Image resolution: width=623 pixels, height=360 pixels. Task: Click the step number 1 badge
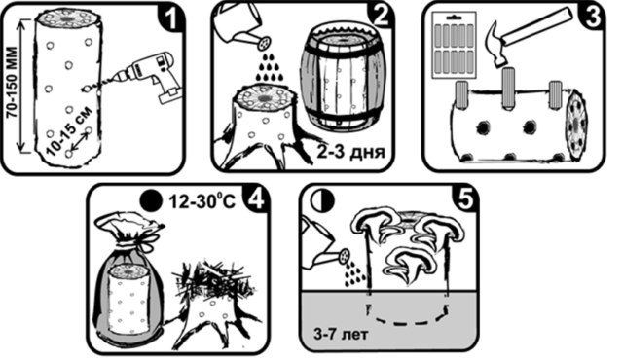tap(171, 17)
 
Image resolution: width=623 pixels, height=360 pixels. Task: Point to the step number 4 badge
tap(255, 199)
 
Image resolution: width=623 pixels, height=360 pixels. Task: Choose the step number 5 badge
tap(465, 198)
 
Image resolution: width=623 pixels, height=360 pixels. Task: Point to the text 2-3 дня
tap(350, 151)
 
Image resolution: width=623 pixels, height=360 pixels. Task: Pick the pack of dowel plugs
tap(454, 45)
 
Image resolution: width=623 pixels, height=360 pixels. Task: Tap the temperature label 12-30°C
tap(202, 201)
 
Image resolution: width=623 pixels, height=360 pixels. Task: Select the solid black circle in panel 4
tap(152, 200)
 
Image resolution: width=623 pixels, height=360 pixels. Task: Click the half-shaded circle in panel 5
tap(322, 200)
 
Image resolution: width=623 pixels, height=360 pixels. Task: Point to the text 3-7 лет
tap(341, 334)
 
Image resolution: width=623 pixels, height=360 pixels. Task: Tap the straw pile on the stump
tap(210, 281)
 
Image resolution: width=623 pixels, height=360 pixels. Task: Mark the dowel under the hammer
tap(509, 89)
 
